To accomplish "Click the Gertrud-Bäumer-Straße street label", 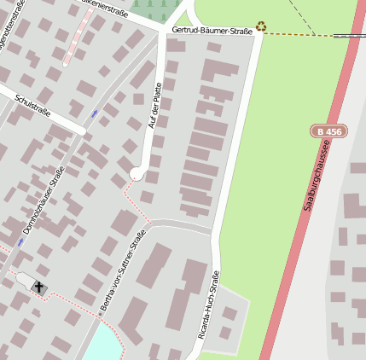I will tap(212, 31).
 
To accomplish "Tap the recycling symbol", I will tap(261, 26).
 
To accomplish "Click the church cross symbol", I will tap(39, 286).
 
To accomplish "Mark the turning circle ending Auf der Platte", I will tap(137, 174).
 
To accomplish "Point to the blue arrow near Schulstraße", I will tap(94, 113).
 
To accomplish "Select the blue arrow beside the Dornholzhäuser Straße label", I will tap(20, 242).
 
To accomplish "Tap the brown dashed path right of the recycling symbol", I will tap(299, 34).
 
